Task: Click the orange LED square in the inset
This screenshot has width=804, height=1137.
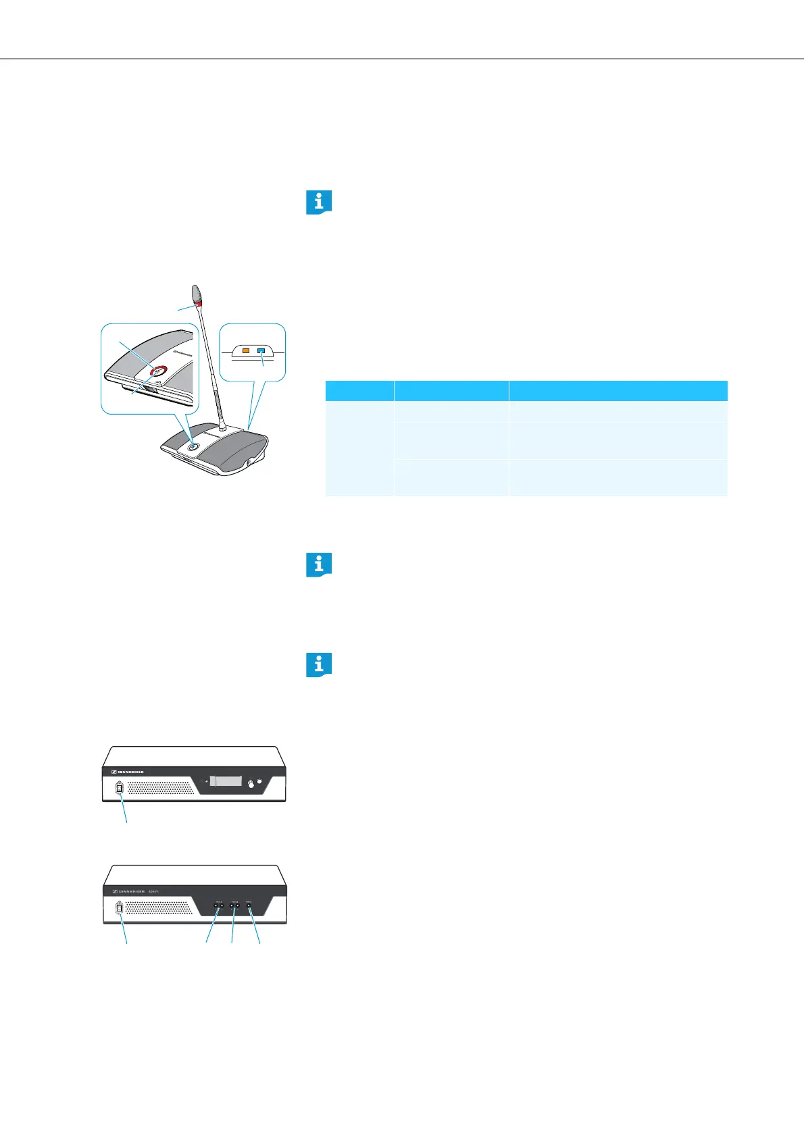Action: [x=247, y=352]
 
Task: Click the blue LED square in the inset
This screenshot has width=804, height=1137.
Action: [x=261, y=352]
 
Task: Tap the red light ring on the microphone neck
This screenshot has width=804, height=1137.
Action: [x=199, y=303]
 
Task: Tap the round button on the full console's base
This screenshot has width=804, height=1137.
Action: [x=193, y=445]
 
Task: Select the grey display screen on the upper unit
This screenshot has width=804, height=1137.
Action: [x=226, y=781]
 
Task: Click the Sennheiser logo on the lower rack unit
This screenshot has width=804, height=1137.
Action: [x=128, y=892]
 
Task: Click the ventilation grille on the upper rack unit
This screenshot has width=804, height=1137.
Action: [x=163, y=787]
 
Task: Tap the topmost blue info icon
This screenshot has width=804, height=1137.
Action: [x=319, y=203]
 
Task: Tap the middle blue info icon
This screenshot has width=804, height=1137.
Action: [x=319, y=564]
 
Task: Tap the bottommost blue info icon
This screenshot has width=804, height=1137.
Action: [x=319, y=664]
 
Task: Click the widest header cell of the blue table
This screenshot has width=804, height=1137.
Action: [x=618, y=391]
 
